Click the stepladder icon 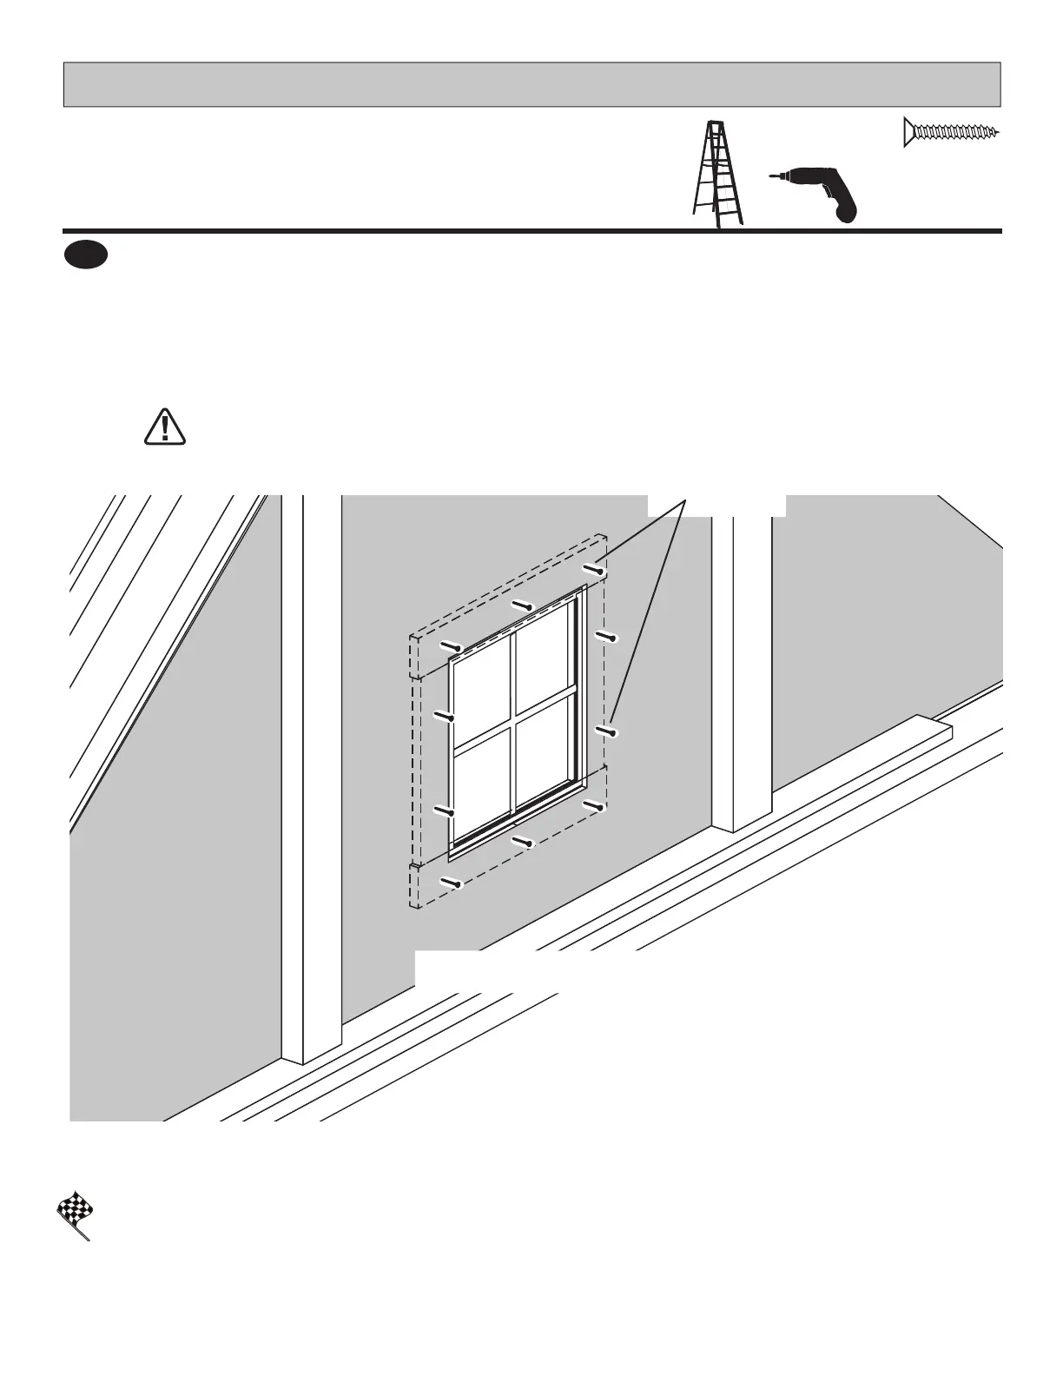[717, 175]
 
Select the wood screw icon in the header [951, 132]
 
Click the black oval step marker [84, 255]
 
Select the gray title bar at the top [531, 84]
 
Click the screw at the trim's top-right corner [595, 570]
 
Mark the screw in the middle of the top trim [523, 605]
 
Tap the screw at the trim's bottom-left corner [451, 883]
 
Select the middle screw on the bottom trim [522, 841]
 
